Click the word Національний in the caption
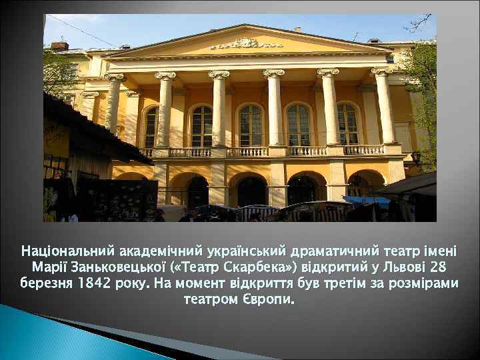[x=68, y=253]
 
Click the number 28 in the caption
[x=439, y=268]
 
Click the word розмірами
[x=427, y=283]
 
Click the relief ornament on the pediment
[x=244, y=43]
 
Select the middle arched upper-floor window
[x=250, y=125]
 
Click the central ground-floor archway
[x=251, y=189]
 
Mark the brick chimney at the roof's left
[x=60, y=46]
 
